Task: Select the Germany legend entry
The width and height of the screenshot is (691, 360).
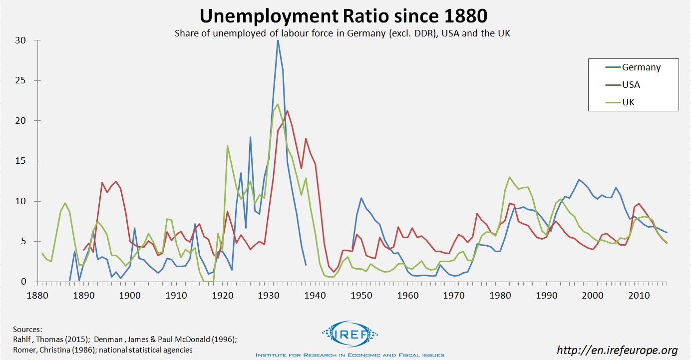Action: point(641,67)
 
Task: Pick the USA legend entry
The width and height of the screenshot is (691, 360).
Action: point(631,85)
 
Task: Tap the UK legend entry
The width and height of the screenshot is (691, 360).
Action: point(628,102)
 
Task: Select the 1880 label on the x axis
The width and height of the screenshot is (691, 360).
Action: point(37,295)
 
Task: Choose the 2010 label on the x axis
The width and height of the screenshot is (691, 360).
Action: point(639,295)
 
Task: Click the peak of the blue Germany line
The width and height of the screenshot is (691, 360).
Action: point(278,40)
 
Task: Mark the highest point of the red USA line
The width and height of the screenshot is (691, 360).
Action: point(287,110)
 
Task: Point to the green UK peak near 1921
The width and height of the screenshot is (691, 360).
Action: point(227,145)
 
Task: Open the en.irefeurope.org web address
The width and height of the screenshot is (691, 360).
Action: point(617,350)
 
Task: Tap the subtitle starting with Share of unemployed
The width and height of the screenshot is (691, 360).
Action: point(342,33)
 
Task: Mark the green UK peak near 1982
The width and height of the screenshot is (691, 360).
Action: point(509,177)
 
